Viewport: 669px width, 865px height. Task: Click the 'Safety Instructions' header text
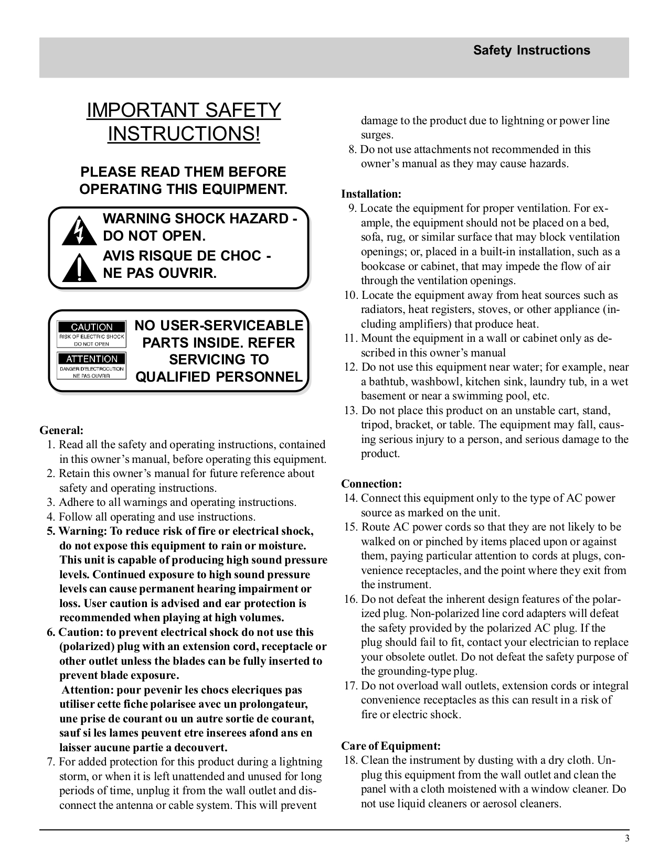point(531,50)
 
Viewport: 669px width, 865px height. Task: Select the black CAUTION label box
point(92,327)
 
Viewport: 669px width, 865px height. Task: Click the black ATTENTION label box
point(92,359)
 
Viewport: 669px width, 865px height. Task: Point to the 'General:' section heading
point(61,430)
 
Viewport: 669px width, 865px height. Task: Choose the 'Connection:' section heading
point(371,483)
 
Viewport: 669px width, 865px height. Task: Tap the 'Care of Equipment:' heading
point(391,745)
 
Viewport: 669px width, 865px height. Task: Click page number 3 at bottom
point(626,838)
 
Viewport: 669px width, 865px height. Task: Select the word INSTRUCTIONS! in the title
point(184,134)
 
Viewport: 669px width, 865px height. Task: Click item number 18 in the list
point(351,760)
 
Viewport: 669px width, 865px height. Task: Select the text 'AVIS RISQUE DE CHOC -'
point(187,256)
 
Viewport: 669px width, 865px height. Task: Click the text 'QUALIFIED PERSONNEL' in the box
point(219,377)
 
